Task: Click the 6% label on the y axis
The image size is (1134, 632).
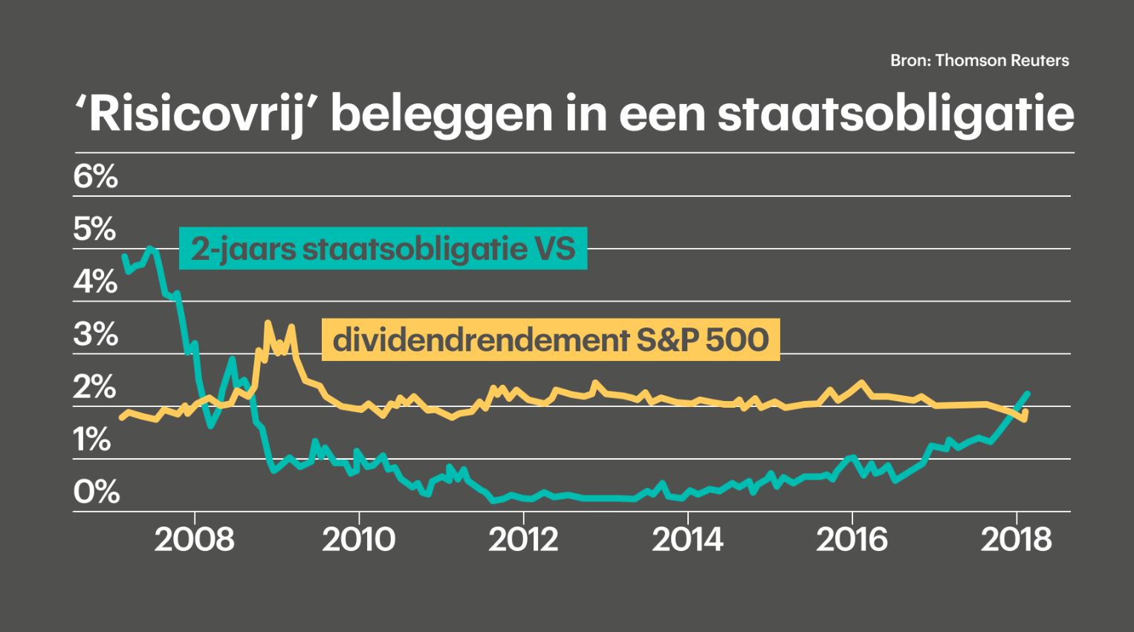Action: click(96, 177)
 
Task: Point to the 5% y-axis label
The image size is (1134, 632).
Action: click(95, 229)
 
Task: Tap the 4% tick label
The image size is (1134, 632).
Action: click(95, 282)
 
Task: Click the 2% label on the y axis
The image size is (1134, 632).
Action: click(95, 388)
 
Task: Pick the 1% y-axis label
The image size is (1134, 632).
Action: click(92, 440)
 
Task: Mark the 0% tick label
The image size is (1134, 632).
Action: click(97, 492)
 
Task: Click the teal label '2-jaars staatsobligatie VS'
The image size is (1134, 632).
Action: click(383, 248)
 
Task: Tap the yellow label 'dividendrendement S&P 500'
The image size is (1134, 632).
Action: click(551, 340)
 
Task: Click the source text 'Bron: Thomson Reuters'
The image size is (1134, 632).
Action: click(979, 61)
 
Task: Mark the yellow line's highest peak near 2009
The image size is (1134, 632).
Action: click(268, 323)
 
